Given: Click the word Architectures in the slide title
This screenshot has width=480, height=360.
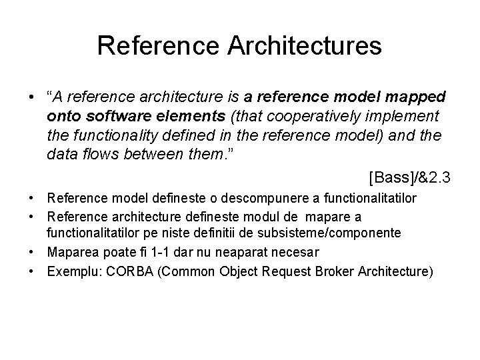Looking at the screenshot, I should pos(307,46).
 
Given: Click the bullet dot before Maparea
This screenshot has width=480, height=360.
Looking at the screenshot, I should pos(32,251).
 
